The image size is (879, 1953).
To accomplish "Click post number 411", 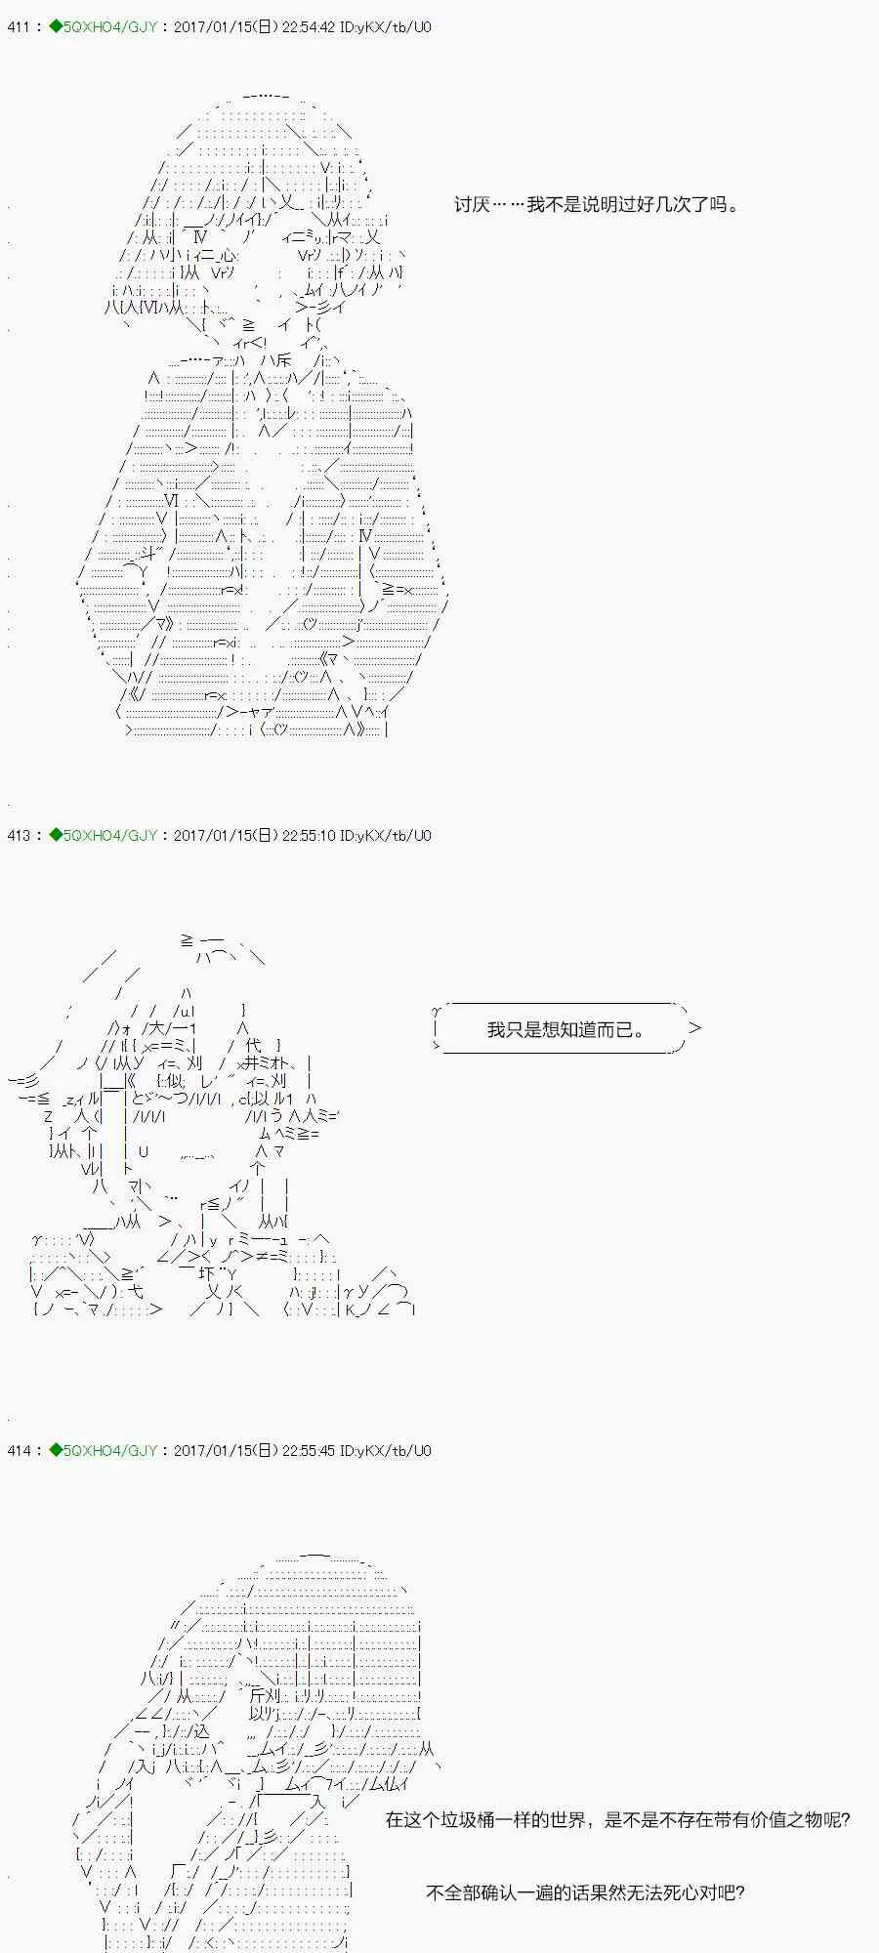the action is (19, 27).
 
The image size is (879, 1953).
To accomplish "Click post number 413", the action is (19, 836).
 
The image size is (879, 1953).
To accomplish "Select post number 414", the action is (19, 1451).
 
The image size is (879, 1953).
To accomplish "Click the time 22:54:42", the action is (308, 27).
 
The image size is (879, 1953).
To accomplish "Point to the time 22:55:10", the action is (308, 836).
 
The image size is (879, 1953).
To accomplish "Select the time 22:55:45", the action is (308, 1451).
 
